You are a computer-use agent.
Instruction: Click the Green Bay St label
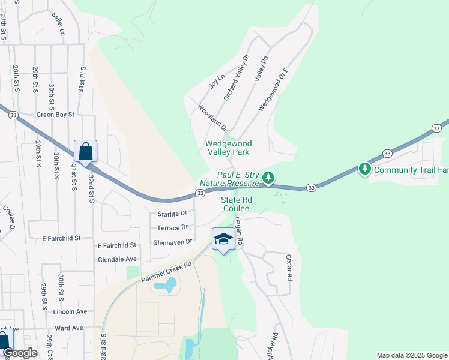click(55, 114)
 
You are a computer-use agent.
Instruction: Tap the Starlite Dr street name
click(173, 214)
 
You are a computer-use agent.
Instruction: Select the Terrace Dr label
click(172, 228)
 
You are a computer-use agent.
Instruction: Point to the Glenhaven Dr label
click(172, 242)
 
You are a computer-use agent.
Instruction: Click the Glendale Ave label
click(117, 259)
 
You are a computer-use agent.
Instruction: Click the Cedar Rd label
click(289, 267)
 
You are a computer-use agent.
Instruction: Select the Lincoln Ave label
click(70, 312)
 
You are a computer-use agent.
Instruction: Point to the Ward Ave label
click(68, 328)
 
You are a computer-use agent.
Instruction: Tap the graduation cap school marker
click(223, 239)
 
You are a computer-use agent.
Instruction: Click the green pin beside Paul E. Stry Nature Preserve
click(268, 178)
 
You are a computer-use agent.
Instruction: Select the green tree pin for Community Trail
click(364, 170)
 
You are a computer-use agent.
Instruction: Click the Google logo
click(20, 353)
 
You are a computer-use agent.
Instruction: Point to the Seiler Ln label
click(58, 24)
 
